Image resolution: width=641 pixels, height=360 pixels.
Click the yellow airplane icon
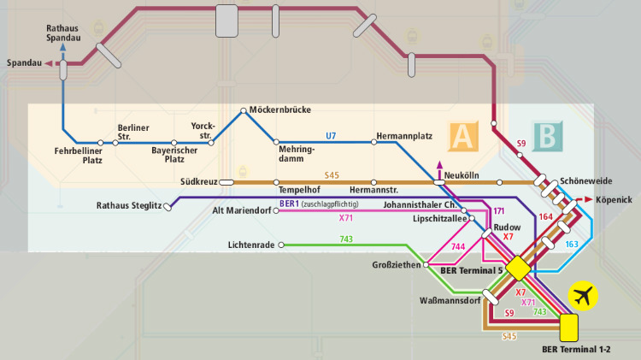coord(585,296)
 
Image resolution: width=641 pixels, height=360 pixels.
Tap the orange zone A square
coord(462,135)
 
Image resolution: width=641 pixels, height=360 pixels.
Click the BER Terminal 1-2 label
coord(579,349)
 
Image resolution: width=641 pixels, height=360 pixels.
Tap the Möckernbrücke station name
coord(280,110)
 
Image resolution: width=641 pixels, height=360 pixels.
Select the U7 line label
coord(331,135)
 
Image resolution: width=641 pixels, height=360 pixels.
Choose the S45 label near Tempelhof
coord(332,175)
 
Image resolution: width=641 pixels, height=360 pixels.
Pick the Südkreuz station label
coord(198,182)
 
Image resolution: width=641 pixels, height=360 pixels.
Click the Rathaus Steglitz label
coord(129,205)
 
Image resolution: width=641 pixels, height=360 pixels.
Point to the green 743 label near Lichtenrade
coord(346,239)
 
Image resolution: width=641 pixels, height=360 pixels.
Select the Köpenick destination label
coord(613,199)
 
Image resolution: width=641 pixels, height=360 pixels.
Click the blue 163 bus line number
coord(572,244)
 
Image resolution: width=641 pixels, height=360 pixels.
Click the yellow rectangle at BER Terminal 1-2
coord(568,327)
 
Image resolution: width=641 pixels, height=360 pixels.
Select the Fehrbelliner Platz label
coord(79,156)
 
